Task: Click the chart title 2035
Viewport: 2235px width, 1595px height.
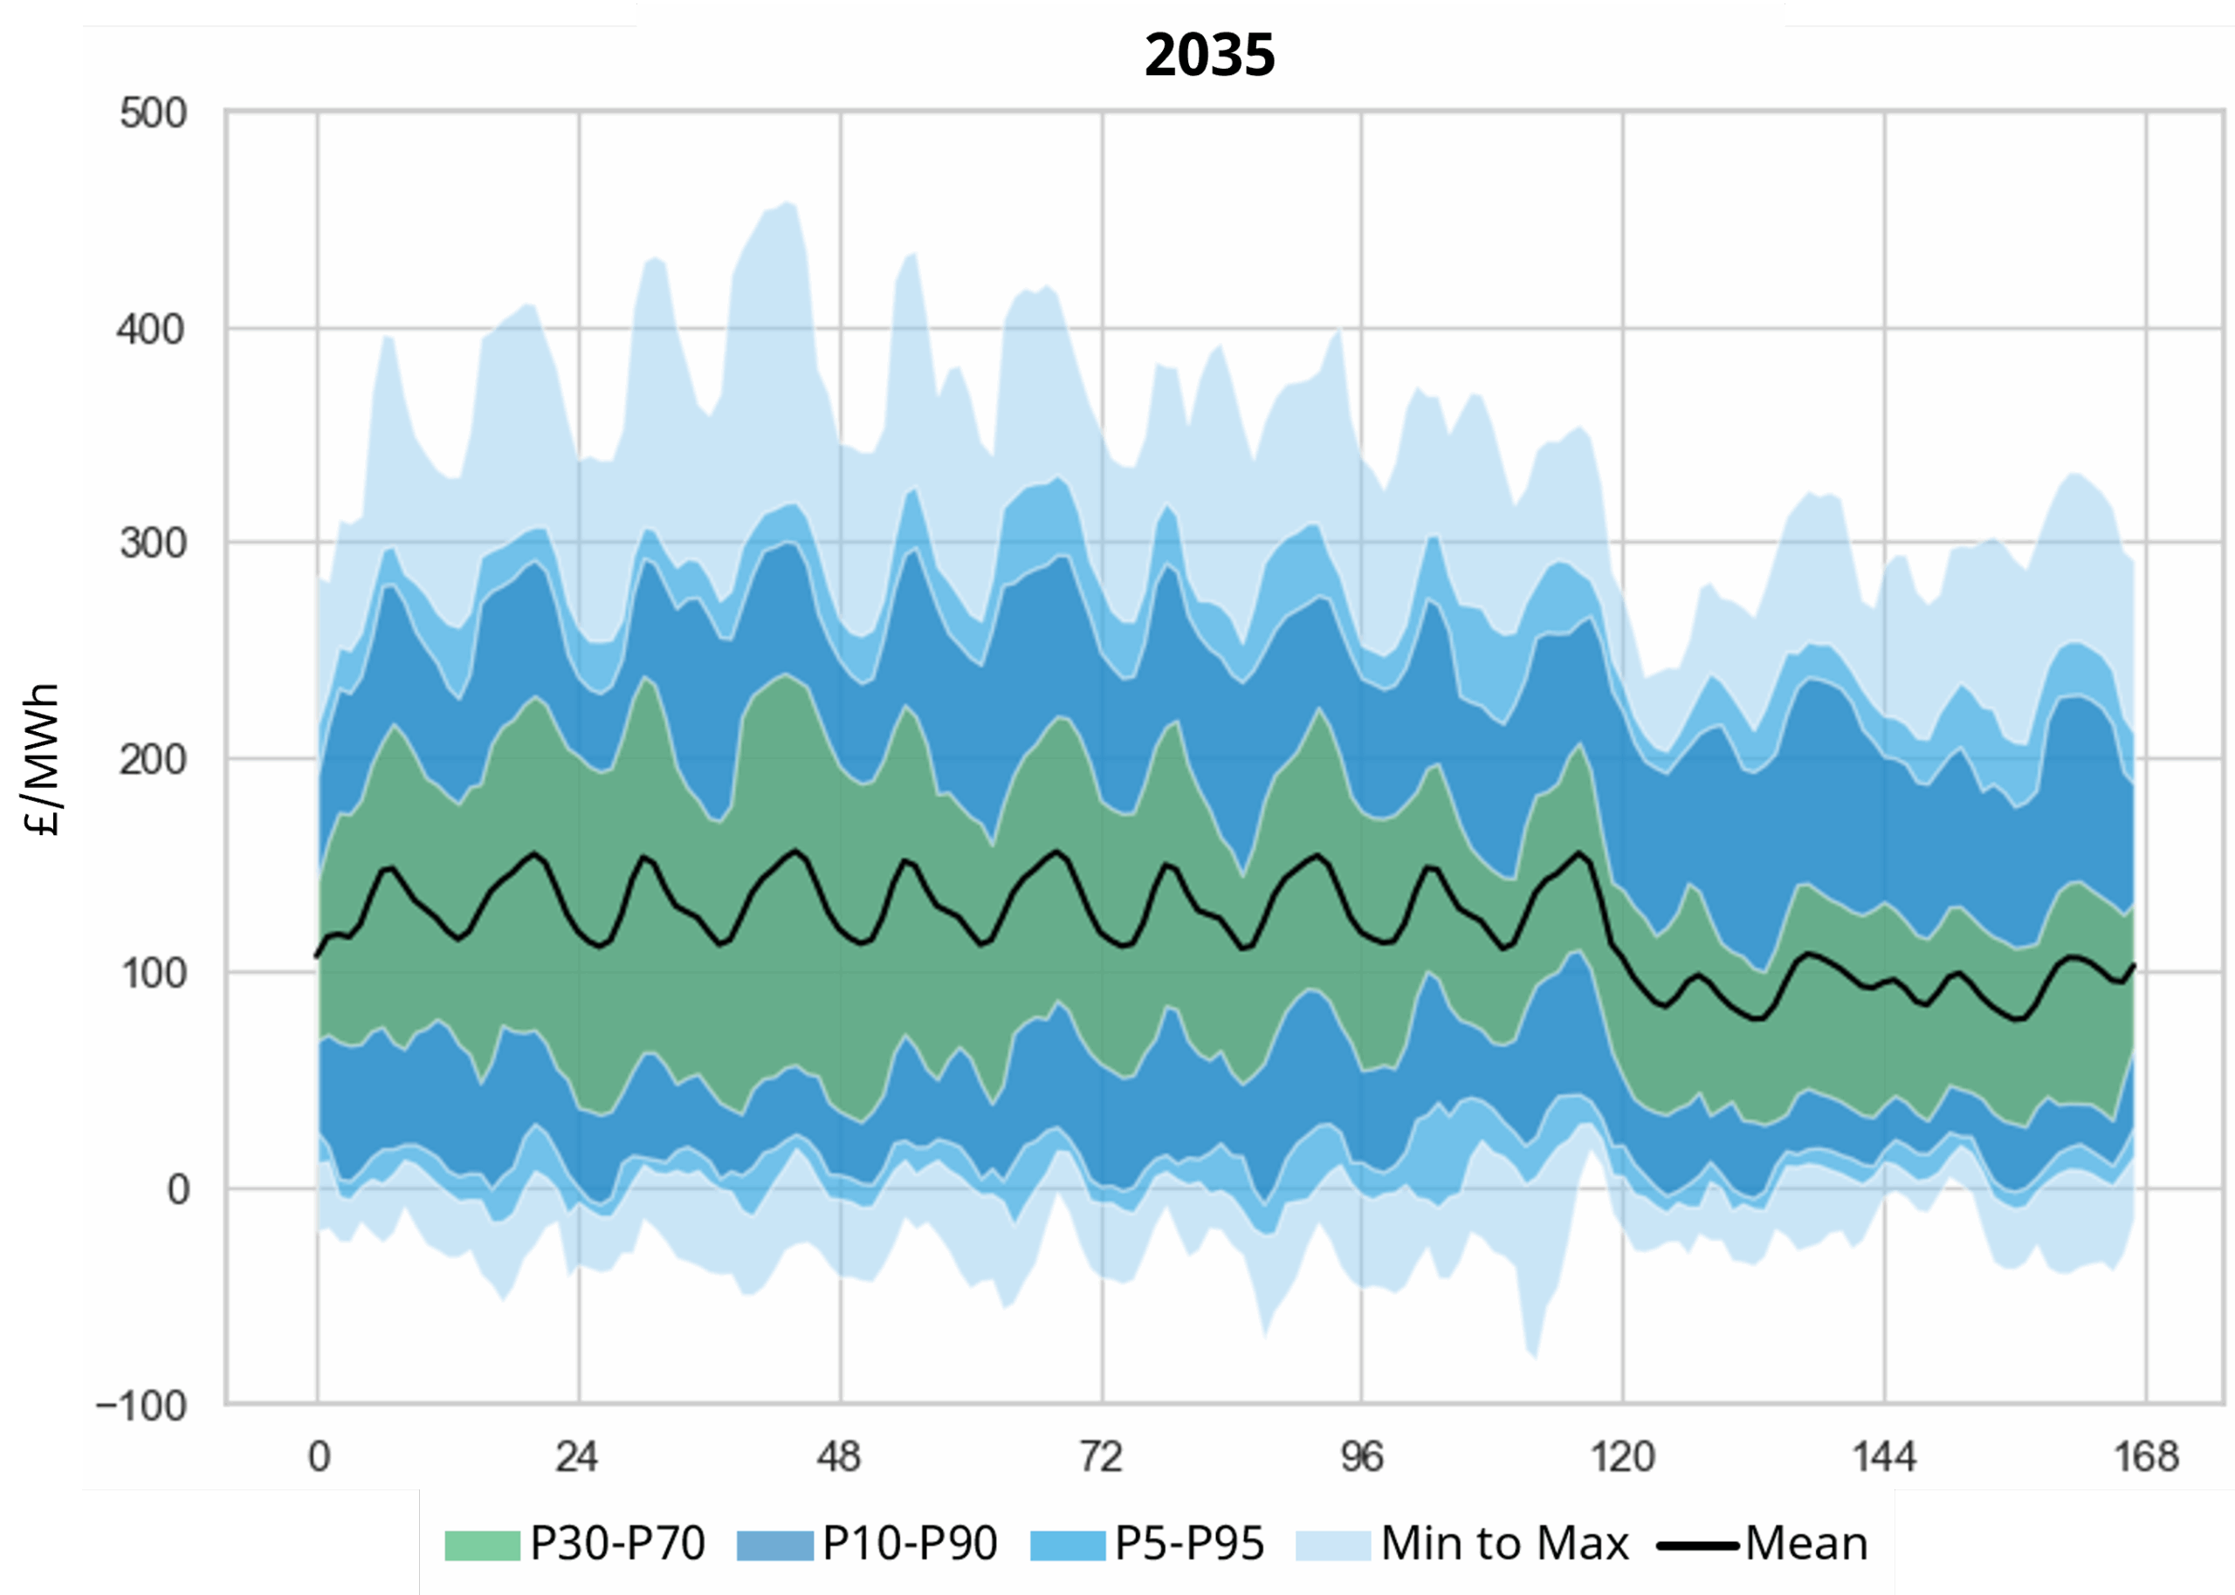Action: click(x=1209, y=55)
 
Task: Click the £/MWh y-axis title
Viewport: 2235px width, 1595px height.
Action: click(x=42, y=758)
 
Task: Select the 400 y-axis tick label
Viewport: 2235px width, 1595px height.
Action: click(x=151, y=330)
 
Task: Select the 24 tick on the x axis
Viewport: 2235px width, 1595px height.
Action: click(x=577, y=1456)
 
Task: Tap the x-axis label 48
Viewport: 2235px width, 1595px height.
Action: click(x=839, y=1456)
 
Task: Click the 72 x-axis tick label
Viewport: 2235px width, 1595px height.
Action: click(x=1100, y=1456)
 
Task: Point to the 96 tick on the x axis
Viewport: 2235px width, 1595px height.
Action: click(x=1362, y=1456)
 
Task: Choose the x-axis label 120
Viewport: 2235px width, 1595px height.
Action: click(x=1623, y=1456)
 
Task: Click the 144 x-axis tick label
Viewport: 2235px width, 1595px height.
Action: click(x=1884, y=1456)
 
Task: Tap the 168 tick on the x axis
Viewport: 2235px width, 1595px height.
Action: click(x=2147, y=1456)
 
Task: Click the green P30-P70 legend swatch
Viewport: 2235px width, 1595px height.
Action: click(x=481, y=1546)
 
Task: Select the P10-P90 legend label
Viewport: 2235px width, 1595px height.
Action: click(x=910, y=1544)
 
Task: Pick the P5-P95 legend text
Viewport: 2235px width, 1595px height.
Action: click(x=1190, y=1544)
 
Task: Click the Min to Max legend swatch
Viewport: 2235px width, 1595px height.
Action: click(x=1333, y=1546)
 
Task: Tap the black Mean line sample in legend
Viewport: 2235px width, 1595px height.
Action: click(x=1697, y=1546)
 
